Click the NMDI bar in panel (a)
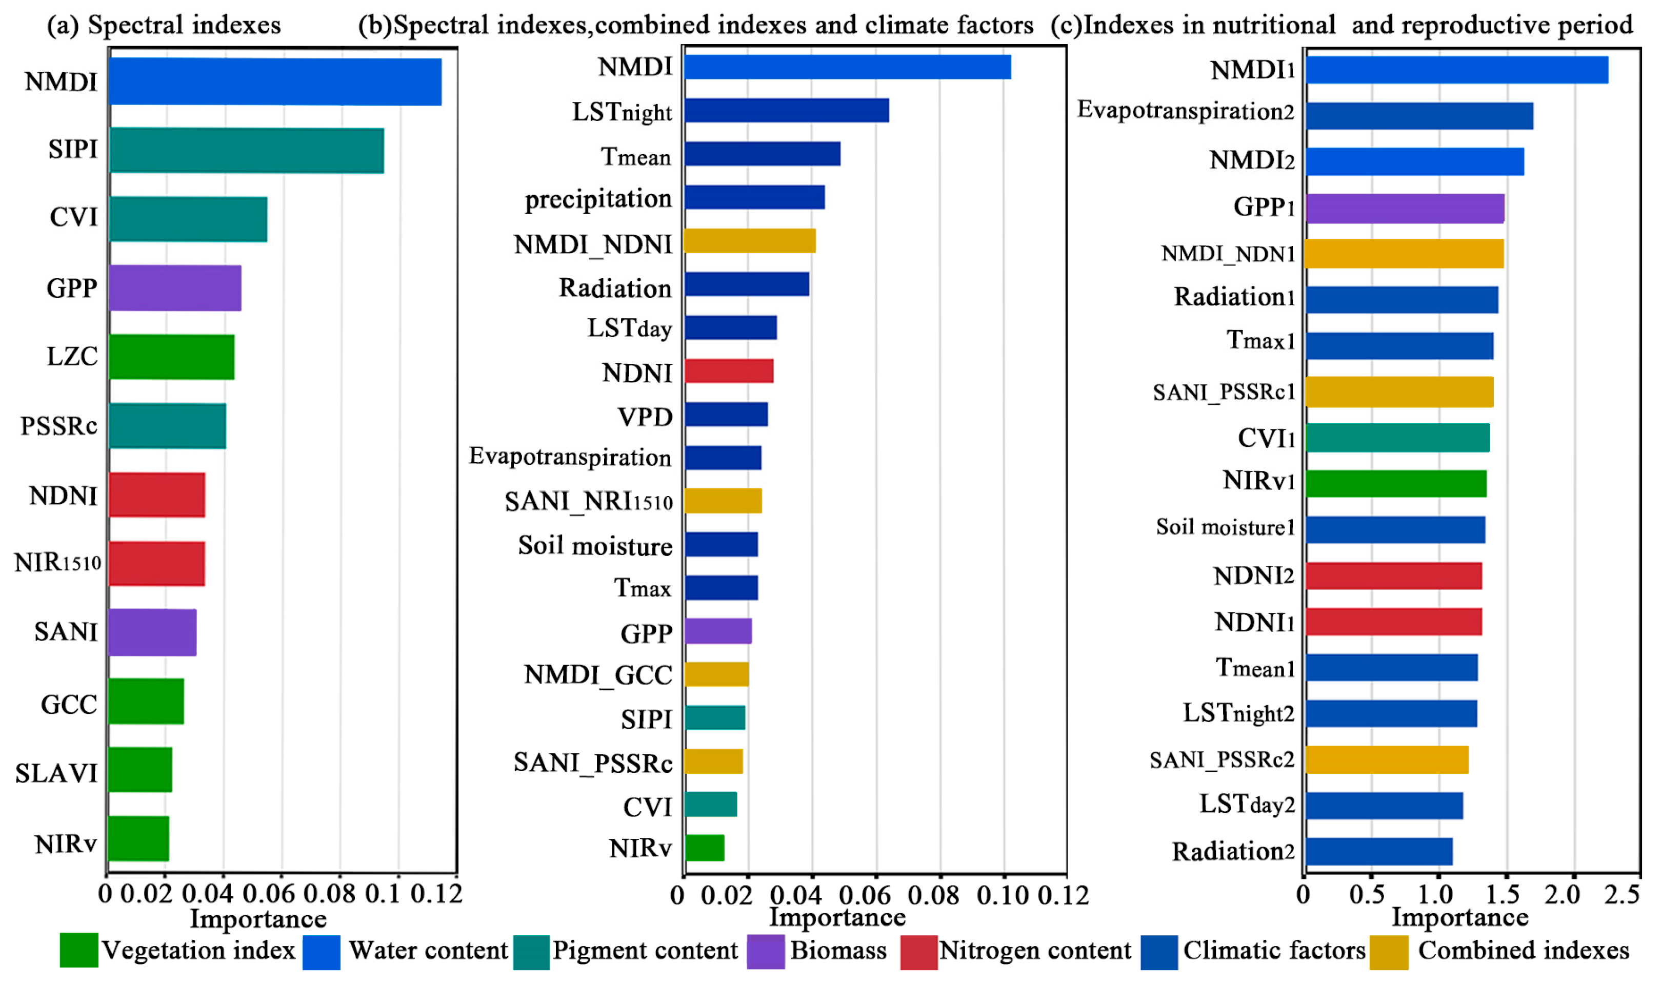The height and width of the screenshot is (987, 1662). (x=274, y=82)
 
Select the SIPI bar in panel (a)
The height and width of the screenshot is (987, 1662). (x=246, y=151)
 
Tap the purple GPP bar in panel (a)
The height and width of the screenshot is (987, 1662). (x=174, y=288)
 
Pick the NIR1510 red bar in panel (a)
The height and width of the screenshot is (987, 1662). (x=156, y=563)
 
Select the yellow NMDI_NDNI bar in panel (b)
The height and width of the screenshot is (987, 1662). (x=749, y=241)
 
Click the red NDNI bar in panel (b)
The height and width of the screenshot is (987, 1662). (x=729, y=371)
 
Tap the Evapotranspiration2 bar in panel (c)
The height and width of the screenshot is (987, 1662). (x=1418, y=116)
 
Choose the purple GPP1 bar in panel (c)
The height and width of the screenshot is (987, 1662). (x=1404, y=208)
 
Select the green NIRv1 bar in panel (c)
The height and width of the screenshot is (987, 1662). (x=1395, y=484)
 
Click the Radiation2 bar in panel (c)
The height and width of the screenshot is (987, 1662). (x=1378, y=851)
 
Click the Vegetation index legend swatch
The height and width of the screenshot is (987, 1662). (x=78, y=951)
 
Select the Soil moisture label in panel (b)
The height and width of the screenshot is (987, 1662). (x=595, y=546)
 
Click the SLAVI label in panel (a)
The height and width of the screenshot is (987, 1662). (x=56, y=773)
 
